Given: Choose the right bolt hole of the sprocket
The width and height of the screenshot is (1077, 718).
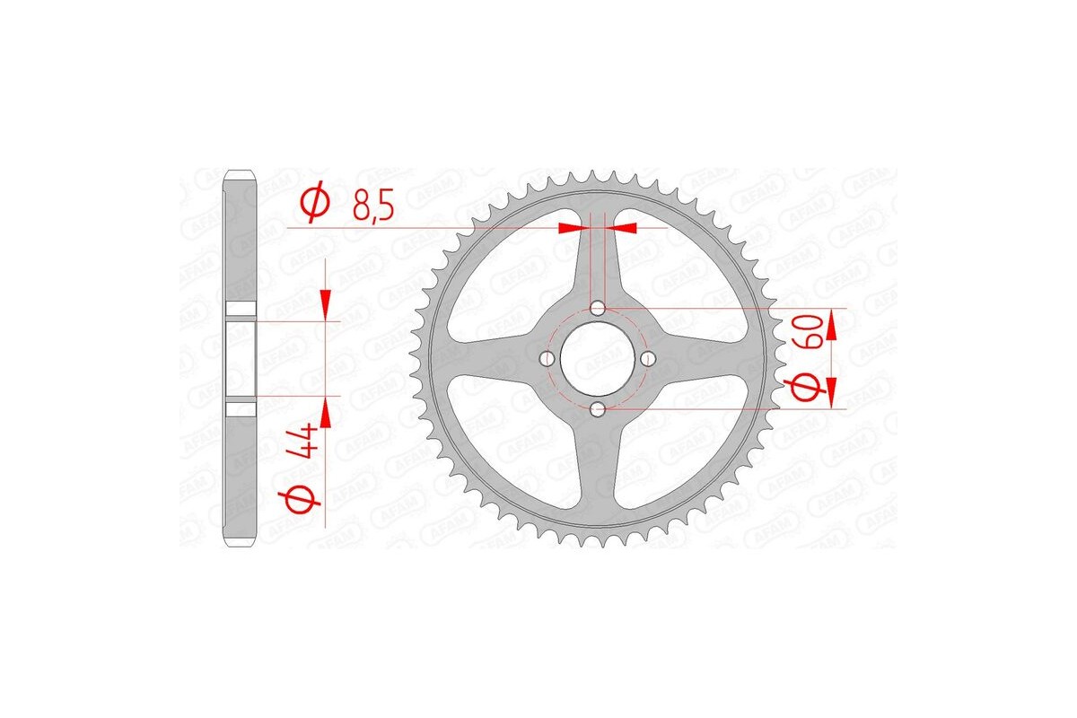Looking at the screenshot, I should click(649, 359).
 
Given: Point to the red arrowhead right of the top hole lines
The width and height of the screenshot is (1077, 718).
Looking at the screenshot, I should click(625, 228).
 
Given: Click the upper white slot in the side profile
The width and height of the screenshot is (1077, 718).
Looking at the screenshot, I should click(241, 311).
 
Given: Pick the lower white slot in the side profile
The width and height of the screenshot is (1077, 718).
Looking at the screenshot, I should click(241, 409).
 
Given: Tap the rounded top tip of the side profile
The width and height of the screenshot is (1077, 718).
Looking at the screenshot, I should click(241, 172).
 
